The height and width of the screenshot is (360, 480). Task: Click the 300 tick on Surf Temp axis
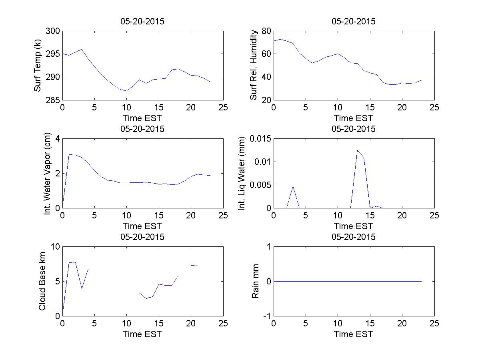53,31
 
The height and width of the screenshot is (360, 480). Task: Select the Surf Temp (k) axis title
38,65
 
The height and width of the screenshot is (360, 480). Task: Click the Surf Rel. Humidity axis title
254,65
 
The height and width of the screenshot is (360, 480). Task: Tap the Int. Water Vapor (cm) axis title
48,173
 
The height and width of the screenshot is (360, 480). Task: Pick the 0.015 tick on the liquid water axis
260,138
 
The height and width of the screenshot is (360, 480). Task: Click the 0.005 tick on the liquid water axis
260,185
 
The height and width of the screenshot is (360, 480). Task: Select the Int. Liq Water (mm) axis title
242,173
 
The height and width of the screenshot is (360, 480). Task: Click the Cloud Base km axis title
42,281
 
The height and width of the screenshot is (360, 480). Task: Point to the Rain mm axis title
255,281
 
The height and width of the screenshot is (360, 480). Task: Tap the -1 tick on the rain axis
267,316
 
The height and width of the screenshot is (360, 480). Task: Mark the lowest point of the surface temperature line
126,91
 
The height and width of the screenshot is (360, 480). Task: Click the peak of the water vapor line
69,154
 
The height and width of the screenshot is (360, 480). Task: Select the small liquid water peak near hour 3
293,186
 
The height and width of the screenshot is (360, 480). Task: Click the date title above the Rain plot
354,237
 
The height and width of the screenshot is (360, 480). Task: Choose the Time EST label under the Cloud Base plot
142,334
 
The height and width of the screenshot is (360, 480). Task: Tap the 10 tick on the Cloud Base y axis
55,247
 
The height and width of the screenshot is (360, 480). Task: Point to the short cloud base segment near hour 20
194,266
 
